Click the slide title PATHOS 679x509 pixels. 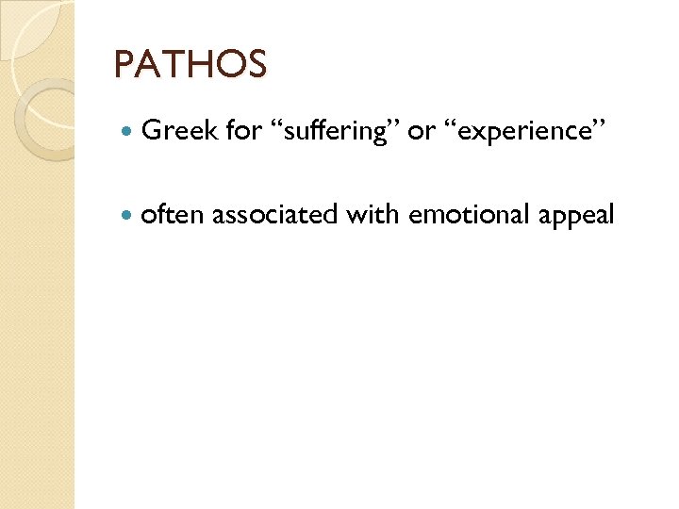click(190, 65)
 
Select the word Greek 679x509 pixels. click(179, 131)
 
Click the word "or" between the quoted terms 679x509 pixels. click(421, 132)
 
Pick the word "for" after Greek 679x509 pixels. click(243, 131)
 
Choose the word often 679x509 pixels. click(173, 216)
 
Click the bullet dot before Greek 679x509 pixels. click(127, 132)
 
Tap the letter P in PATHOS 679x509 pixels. click(124, 65)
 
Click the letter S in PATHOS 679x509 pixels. click(257, 65)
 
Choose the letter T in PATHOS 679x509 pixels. click(174, 65)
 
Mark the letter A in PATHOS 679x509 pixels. click(148, 65)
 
